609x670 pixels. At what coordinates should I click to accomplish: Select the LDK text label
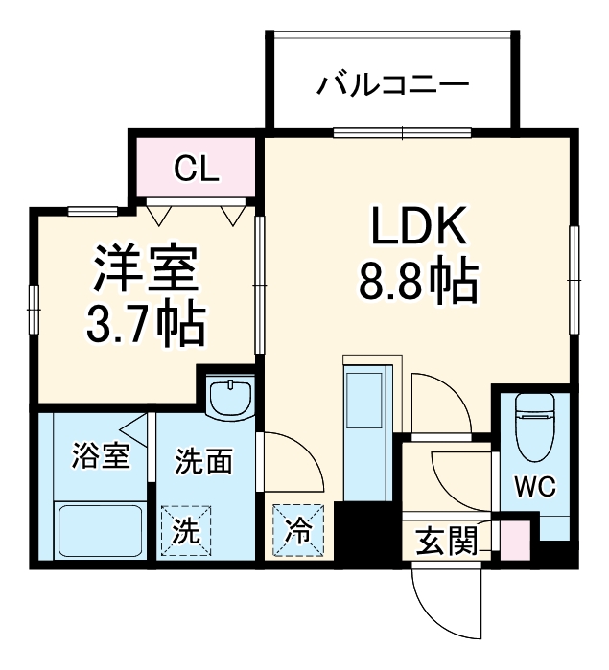[418, 228]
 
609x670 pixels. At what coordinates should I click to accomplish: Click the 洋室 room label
[145, 272]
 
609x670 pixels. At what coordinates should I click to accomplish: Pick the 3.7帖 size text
[143, 327]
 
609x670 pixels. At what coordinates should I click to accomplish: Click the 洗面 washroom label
[203, 462]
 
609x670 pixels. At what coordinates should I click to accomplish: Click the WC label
[537, 486]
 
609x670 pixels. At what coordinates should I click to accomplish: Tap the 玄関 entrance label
[447, 543]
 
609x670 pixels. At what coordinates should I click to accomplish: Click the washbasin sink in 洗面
[230, 397]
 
